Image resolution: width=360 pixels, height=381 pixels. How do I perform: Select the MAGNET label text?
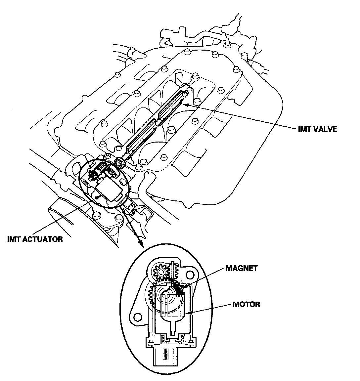pyautogui.click(x=241, y=268)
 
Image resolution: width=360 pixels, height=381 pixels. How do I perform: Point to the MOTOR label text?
pyautogui.click(x=246, y=304)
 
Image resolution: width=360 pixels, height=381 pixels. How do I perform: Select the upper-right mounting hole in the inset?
pyautogui.click(x=191, y=275)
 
